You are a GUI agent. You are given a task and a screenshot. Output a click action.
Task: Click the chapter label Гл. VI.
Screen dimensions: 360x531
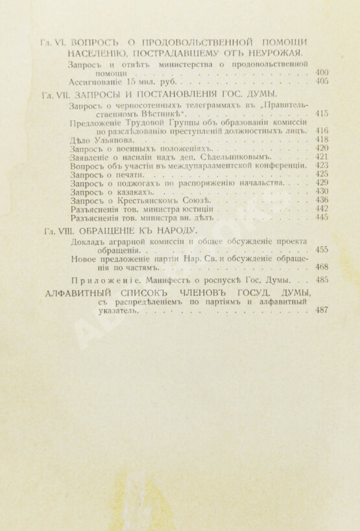[x=49, y=42]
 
